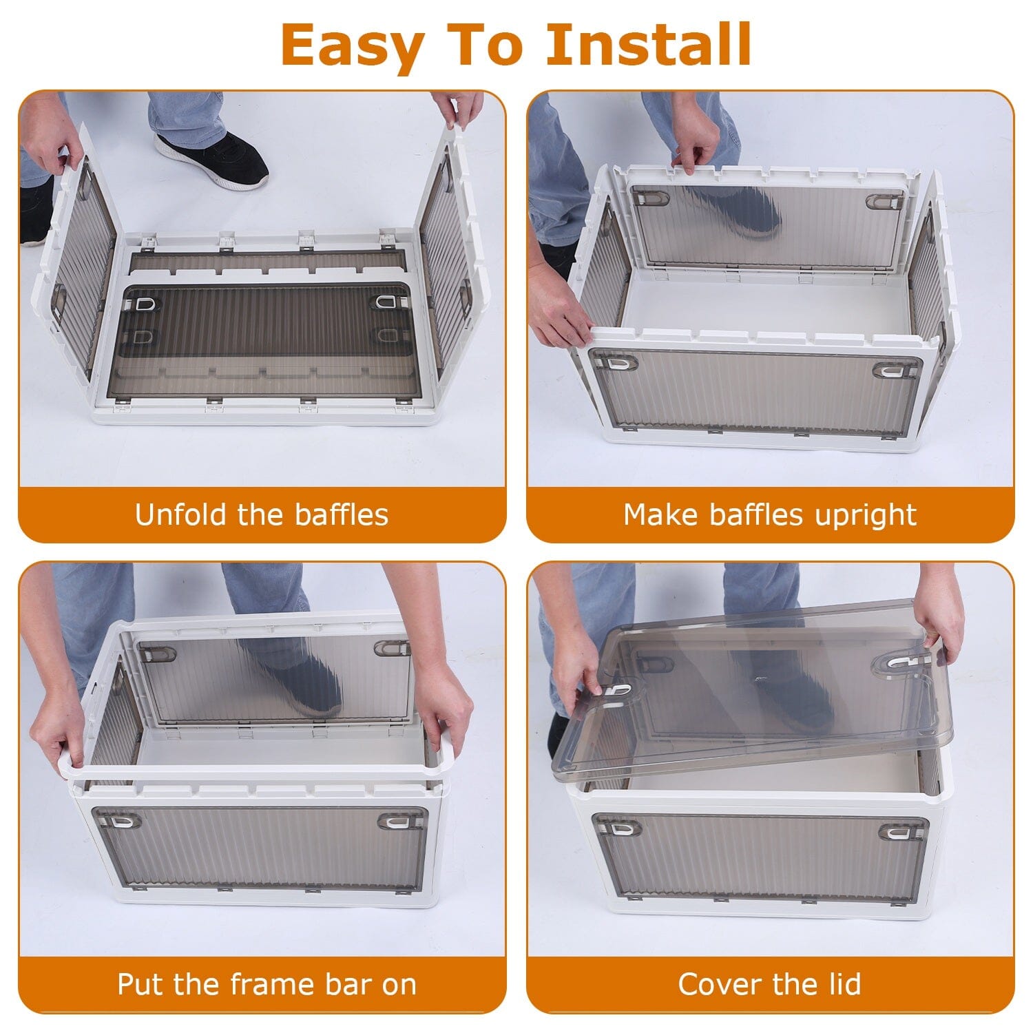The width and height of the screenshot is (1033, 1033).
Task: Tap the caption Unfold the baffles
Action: (262, 514)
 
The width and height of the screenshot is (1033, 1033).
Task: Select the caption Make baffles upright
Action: (770, 514)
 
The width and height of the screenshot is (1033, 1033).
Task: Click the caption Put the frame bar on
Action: (267, 984)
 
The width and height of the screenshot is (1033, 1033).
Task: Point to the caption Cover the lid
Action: (769, 984)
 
